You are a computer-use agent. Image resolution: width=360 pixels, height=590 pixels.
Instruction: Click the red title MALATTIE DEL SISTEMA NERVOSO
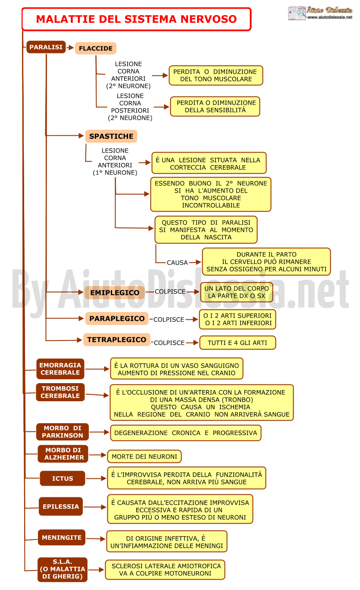tap(136, 19)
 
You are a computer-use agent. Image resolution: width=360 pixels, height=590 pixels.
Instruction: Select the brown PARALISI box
tap(46, 47)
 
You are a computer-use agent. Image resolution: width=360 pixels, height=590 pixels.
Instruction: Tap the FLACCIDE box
tap(96, 48)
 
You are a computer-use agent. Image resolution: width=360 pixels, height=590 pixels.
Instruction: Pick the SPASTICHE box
tap(111, 136)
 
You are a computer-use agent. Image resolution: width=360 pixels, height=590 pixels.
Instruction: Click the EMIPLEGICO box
tap(115, 293)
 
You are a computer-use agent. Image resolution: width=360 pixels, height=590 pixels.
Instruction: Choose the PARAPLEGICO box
tap(117, 318)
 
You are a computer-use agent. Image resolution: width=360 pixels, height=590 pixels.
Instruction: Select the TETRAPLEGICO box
tap(117, 340)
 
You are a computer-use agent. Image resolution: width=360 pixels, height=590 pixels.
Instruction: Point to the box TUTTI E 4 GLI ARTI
tap(238, 343)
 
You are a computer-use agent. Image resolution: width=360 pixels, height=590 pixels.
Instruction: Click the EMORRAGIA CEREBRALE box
tap(60, 369)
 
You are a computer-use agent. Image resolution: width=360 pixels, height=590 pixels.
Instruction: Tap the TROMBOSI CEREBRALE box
tap(60, 392)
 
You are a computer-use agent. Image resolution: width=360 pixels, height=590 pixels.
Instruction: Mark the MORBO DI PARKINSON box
tap(63, 432)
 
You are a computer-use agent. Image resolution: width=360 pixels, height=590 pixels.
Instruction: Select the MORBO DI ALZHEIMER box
tap(63, 454)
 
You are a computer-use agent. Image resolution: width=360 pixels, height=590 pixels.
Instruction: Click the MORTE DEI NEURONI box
tap(144, 456)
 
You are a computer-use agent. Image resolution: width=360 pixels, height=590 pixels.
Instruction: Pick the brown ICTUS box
tap(63, 478)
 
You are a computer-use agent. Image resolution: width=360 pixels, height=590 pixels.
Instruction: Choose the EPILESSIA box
tap(61, 506)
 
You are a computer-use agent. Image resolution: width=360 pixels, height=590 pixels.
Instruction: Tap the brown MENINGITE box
tap(62, 537)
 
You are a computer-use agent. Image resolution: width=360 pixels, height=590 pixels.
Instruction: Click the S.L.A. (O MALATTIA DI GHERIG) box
tap(63, 569)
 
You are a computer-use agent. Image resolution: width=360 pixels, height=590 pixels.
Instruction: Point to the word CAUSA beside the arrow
tap(177, 262)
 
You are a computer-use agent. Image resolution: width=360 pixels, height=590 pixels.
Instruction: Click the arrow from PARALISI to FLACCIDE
tap(70, 48)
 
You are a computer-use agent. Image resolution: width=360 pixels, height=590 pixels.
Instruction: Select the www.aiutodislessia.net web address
tap(330, 17)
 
